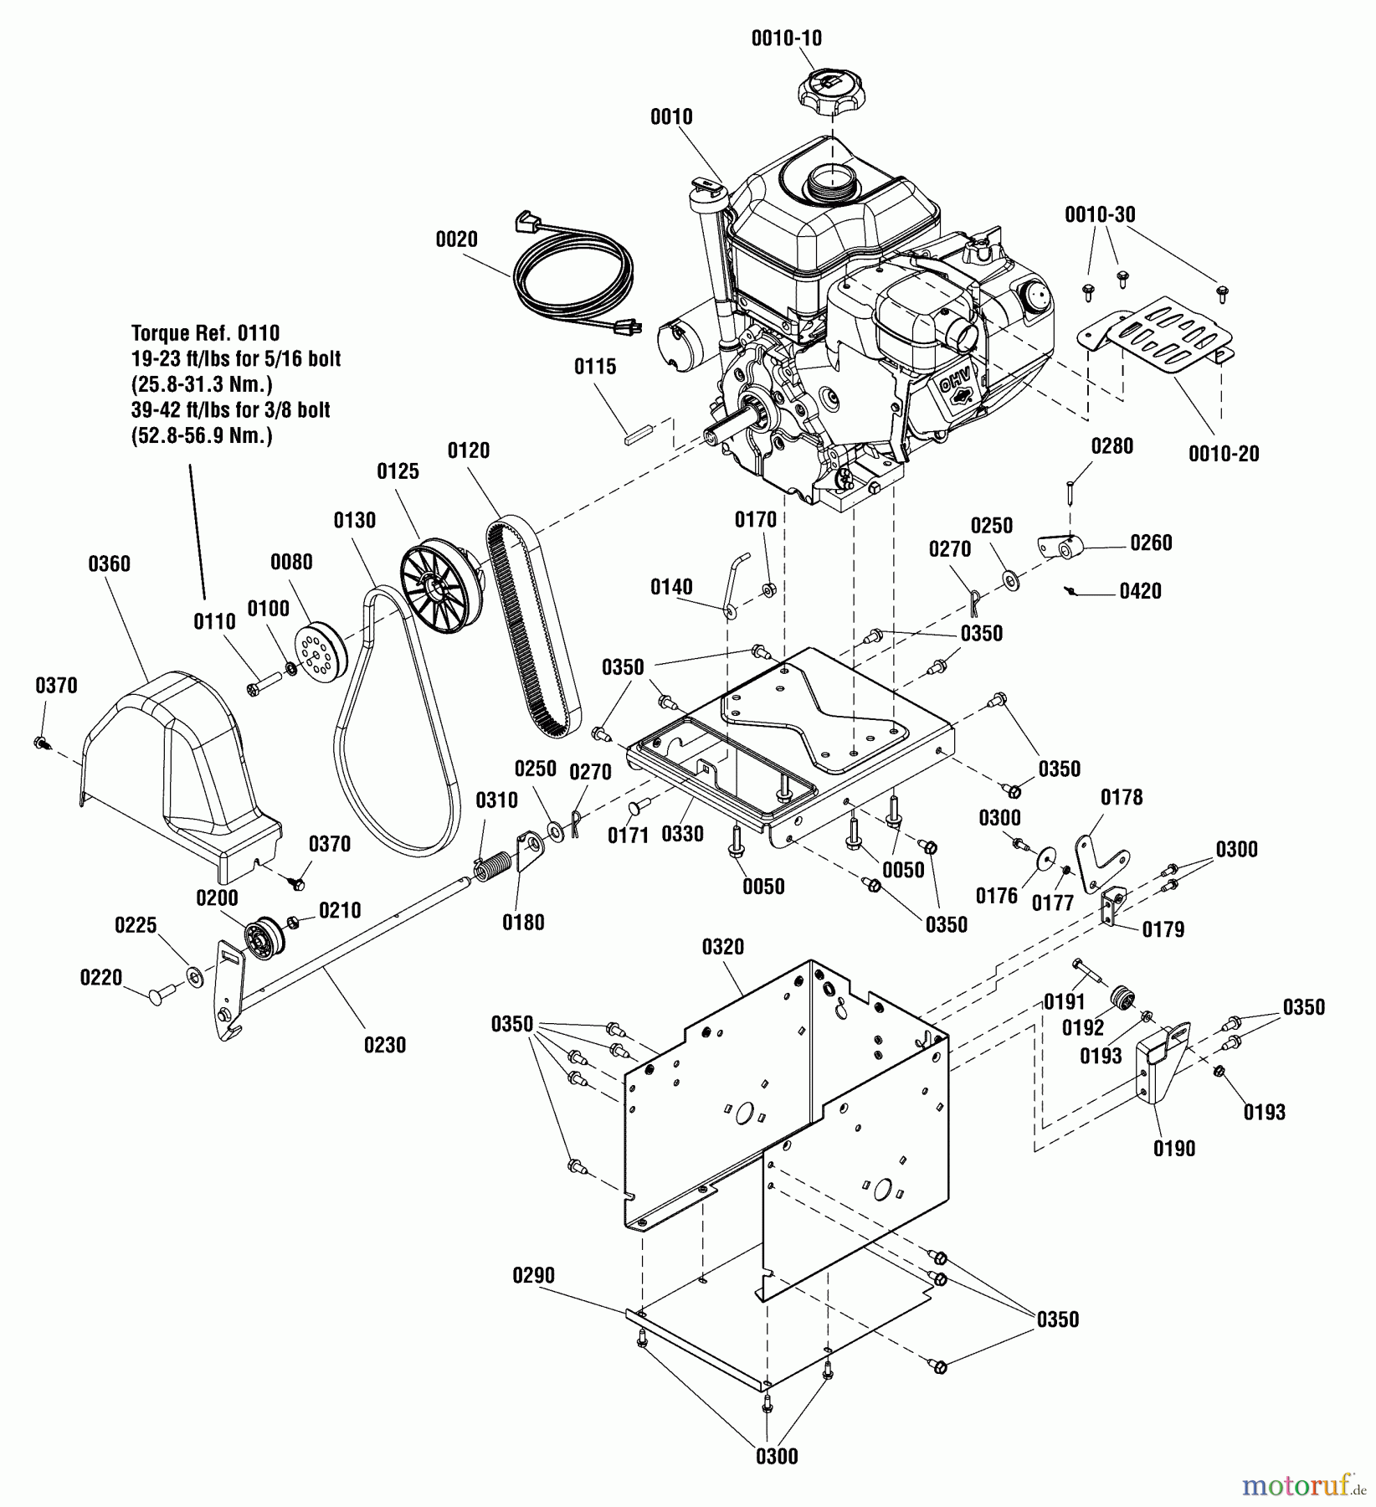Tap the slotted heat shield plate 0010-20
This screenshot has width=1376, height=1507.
pos(1154,333)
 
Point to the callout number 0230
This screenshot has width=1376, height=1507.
pos(384,1045)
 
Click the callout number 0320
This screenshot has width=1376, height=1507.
pos(722,947)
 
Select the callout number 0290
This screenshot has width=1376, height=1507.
pos(533,1275)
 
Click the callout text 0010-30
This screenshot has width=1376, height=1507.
pos(1100,214)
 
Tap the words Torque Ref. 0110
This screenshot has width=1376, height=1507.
pos(205,333)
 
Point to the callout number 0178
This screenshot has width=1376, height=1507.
pos(1122,797)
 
